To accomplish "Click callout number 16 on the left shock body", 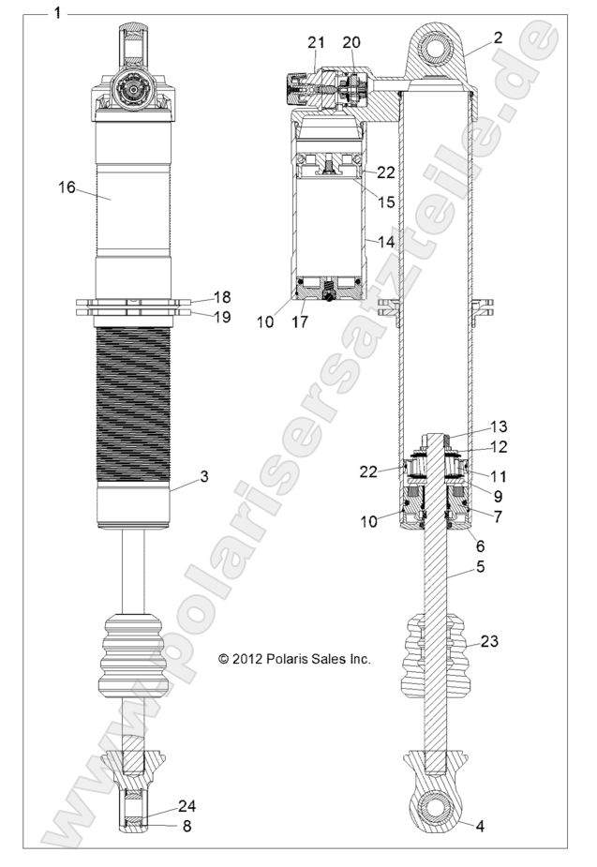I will [x=67, y=187].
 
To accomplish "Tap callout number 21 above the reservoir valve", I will [x=316, y=43].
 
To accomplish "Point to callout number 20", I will [x=351, y=43].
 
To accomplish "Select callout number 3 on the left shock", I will [x=203, y=476].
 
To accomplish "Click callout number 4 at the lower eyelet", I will [x=480, y=826].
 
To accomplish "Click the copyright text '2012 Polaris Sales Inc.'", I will [x=294, y=659].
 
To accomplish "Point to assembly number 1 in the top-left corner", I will [x=58, y=13].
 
